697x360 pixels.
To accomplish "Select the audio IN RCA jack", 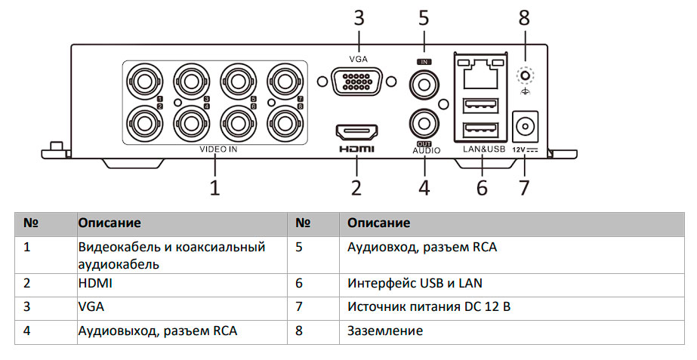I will point(424,84).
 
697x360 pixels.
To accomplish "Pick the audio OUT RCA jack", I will point(424,122).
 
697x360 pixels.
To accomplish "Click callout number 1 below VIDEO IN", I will point(215,186).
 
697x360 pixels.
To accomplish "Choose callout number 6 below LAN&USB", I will point(482,186).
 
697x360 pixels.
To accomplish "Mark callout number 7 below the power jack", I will point(524,186).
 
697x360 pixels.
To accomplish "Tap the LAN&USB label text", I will point(483,149).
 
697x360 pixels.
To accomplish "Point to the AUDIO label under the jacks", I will point(426,150).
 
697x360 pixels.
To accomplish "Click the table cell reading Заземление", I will point(385,331).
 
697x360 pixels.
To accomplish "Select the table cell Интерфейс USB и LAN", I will point(415,284).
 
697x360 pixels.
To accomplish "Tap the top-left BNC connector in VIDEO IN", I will point(143,81).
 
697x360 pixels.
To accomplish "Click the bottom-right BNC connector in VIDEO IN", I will point(284,121).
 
